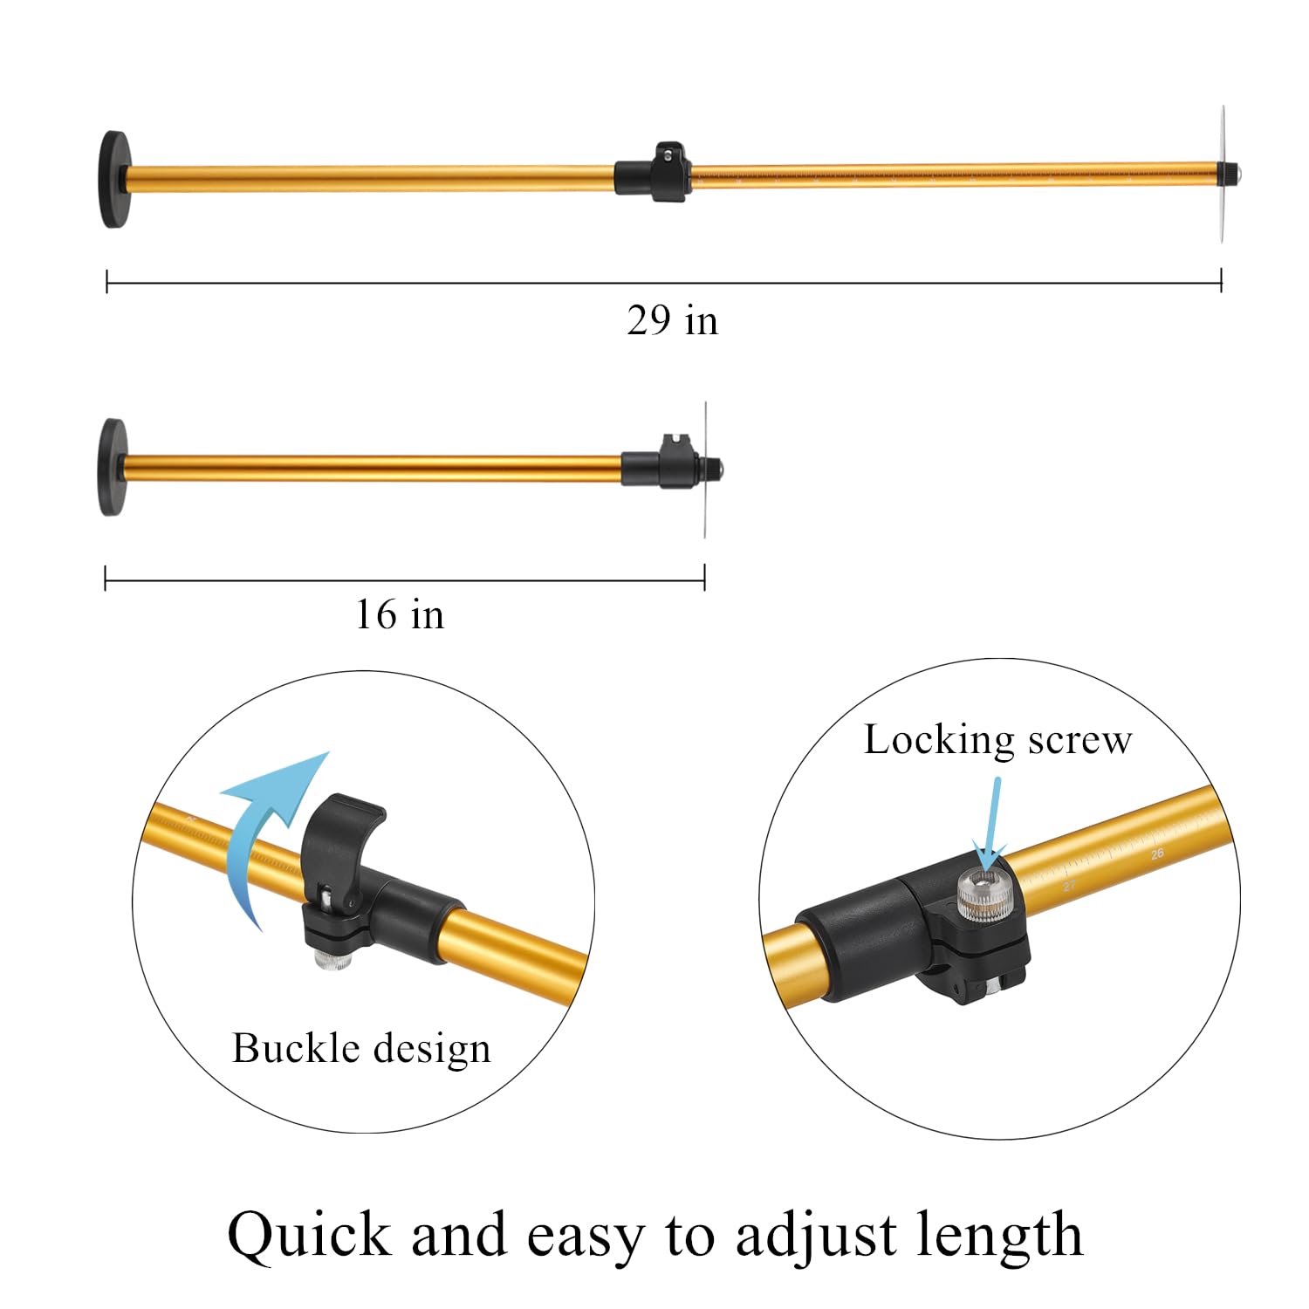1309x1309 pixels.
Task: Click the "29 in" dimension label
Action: (672, 320)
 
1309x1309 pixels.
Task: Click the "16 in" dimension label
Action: (400, 614)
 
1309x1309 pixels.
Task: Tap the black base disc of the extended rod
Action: (114, 180)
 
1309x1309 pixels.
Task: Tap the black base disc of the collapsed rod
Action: (113, 467)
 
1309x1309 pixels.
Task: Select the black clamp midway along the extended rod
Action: (653, 172)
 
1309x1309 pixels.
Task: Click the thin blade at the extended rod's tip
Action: (1223, 175)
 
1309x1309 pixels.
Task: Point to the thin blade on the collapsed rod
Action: (705, 469)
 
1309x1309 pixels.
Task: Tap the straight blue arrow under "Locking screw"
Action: (992, 825)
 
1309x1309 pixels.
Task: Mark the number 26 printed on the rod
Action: (1157, 853)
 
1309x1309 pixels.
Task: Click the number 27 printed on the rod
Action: (1069, 886)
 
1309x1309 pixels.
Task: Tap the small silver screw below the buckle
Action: (331, 959)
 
